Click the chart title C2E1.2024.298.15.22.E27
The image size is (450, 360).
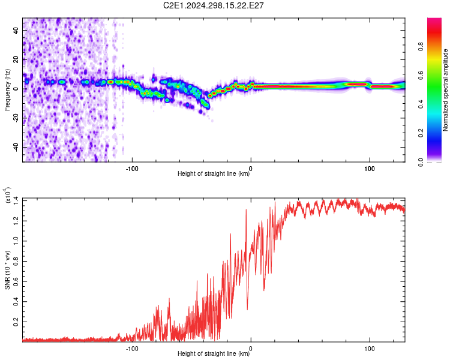tap(213, 5)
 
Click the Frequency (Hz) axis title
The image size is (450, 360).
tap(7, 90)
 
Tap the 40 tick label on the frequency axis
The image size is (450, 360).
tap(16, 31)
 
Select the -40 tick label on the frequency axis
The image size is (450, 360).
tap(16, 148)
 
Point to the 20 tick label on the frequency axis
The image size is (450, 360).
tap(16, 60)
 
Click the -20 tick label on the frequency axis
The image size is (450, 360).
tap(16, 118)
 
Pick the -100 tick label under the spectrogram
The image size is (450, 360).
tap(132, 169)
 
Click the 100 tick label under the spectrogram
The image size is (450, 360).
tap(370, 169)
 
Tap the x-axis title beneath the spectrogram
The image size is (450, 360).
tap(214, 173)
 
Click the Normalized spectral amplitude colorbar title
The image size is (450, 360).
tap(445, 90)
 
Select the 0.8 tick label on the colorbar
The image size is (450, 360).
tap(421, 47)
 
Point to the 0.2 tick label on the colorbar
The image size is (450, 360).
tap(421, 133)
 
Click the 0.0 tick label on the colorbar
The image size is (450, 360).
tap(421, 162)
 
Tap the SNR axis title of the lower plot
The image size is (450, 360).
tap(7, 270)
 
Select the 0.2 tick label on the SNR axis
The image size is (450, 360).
tap(16, 322)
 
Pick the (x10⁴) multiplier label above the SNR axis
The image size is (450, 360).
tap(8, 195)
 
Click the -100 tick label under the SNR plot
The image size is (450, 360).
tap(132, 349)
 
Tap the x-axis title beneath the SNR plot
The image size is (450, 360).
tap(214, 353)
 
